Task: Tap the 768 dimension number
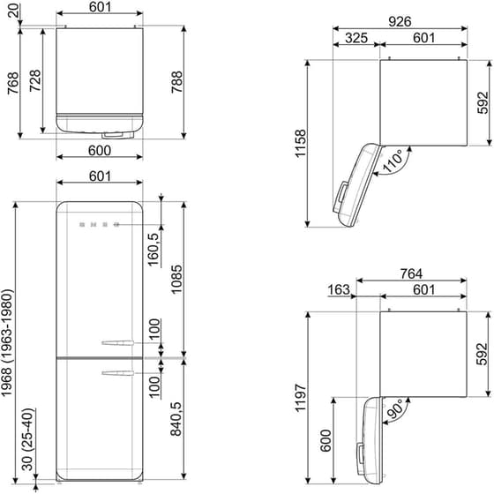pyautogui.click(x=11, y=81)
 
